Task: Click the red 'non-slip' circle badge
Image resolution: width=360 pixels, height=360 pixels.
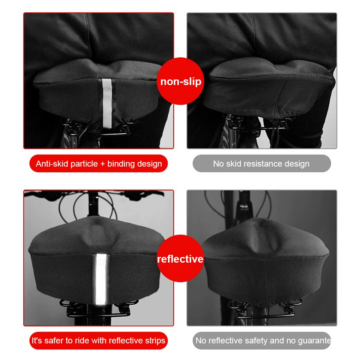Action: [x=180, y=81]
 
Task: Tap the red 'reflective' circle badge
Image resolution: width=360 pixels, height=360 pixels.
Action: [x=180, y=258]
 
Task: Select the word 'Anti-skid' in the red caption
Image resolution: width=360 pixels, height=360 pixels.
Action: [x=52, y=164]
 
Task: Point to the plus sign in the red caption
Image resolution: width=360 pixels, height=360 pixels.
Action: [x=103, y=164]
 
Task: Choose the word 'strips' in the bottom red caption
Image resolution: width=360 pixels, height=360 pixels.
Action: [x=155, y=341]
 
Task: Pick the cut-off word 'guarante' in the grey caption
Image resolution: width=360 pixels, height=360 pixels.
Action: [x=314, y=341]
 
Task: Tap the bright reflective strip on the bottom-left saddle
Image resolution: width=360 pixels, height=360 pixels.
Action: [x=101, y=279]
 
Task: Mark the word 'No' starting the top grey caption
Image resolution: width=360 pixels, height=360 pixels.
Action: [x=218, y=164]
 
